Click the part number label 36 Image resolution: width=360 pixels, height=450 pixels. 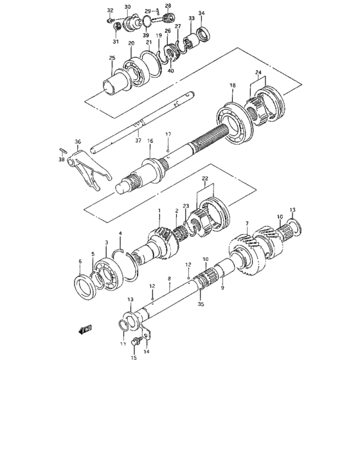tap(77, 142)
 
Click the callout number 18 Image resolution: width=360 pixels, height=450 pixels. tap(233, 85)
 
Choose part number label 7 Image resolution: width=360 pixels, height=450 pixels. tap(247, 224)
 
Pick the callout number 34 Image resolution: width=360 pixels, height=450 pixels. tap(201, 13)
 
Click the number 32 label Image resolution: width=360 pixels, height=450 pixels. tap(110, 10)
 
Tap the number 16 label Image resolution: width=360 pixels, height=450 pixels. tap(150, 140)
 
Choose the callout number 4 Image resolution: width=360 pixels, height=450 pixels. tap(120, 233)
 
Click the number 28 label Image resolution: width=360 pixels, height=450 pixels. tap(168, 6)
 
